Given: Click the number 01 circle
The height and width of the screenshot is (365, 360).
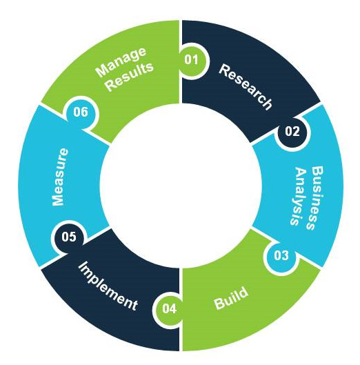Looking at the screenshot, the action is tap(192, 61).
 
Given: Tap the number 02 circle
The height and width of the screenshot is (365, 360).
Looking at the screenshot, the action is tap(292, 132).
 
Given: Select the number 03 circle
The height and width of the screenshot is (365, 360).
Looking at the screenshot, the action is tap(281, 256).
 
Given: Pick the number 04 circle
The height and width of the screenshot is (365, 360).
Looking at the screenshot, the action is tap(169, 309).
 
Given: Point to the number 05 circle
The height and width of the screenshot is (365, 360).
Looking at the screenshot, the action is tap(69, 237).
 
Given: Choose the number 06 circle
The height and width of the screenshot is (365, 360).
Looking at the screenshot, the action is tap(81, 113).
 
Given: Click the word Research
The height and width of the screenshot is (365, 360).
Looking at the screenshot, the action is tap(246, 87).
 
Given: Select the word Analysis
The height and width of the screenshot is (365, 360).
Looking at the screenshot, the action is tap(298, 197).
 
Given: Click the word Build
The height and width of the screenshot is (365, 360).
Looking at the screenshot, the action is tap(231, 298).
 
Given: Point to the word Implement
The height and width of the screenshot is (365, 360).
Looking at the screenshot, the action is tap(108, 286).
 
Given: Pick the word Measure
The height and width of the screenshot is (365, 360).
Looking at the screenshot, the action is tap(61, 177).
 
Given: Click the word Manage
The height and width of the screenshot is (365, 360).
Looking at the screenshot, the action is tap(121, 62).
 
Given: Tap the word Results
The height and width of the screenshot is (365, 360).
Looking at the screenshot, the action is tap(130, 77).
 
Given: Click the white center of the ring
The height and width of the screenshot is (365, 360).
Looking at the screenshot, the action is tap(181, 186).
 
